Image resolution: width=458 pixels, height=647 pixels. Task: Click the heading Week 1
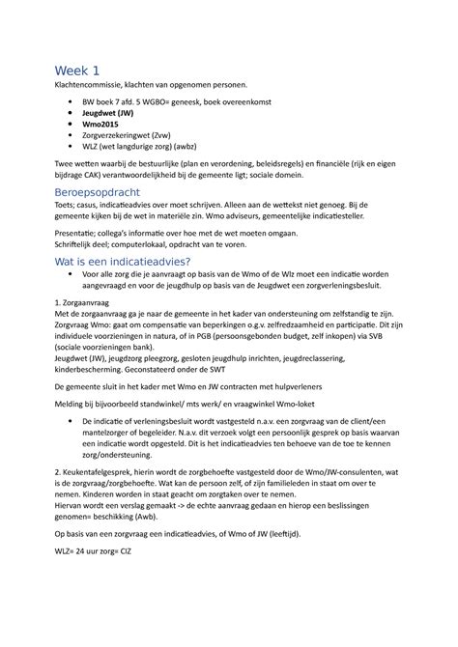[x=78, y=70]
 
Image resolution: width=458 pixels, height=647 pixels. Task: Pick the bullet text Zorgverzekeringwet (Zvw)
[x=130, y=139]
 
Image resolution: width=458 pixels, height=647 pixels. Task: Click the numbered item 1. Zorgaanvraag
[x=86, y=331]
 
